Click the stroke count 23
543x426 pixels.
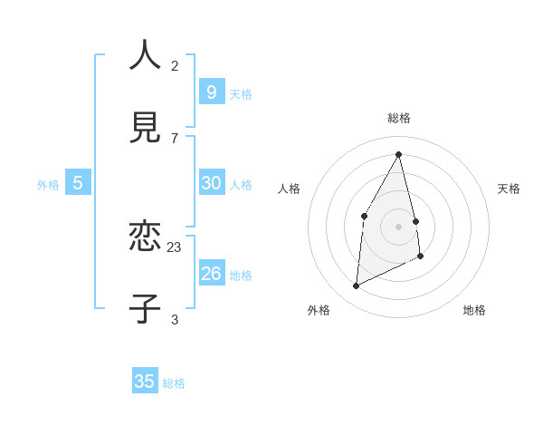175,247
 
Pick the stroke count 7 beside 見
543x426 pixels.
175,138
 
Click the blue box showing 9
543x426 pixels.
211,92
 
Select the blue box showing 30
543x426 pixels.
211,182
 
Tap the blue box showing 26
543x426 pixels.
211,273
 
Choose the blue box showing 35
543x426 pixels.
145,382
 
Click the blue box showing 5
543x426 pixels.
78,183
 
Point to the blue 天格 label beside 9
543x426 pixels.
241,94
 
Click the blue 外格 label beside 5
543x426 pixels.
48,185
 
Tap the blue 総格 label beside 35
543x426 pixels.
174,383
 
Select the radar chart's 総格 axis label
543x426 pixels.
399,118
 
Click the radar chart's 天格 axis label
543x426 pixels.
510,189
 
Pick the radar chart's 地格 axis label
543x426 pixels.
474,310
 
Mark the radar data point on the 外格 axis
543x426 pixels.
356,286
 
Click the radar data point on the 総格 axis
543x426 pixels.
399,154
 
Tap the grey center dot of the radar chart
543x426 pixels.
399,226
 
